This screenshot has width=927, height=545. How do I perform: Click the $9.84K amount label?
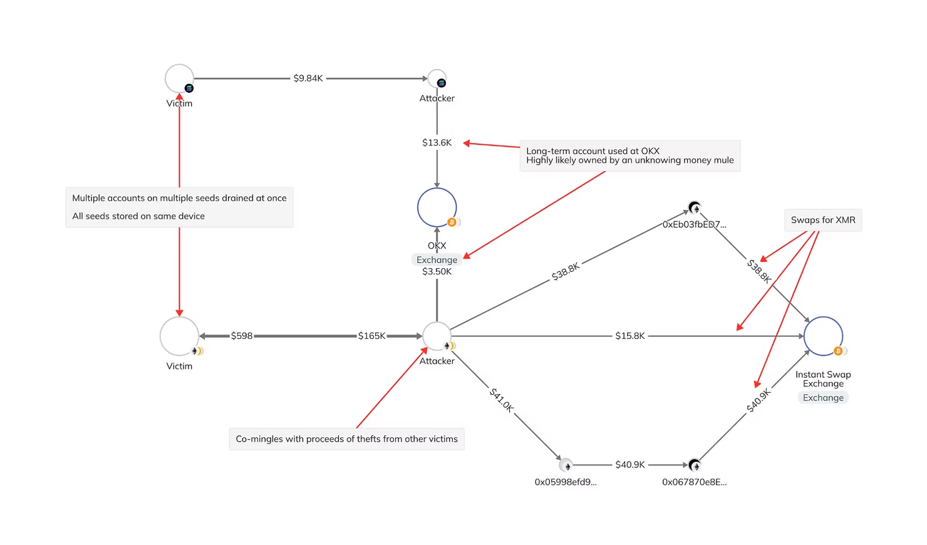[x=308, y=78]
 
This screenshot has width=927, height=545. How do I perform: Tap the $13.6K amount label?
[x=437, y=143]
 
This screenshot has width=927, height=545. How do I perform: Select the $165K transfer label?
[x=371, y=336]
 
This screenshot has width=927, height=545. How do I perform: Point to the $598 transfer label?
[x=242, y=336]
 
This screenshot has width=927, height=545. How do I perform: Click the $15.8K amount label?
[x=629, y=336]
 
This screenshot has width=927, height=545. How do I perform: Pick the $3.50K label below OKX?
[x=437, y=271]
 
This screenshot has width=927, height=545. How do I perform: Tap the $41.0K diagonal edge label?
[x=502, y=399]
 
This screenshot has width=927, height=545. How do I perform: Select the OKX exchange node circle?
[x=437, y=207]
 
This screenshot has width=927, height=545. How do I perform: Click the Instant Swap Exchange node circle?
[x=823, y=336]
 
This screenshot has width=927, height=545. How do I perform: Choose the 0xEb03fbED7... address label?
[x=694, y=224]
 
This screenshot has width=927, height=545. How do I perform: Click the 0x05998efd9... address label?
[x=566, y=482]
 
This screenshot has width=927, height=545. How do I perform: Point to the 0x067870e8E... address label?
[x=694, y=482]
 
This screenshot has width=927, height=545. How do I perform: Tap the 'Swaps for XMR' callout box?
[x=823, y=220]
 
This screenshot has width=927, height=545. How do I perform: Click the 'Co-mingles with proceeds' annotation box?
[x=346, y=439]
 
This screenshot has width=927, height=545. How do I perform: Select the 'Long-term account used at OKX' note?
[x=629, y=155]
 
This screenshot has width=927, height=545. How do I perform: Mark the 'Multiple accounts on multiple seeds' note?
[x=179, y=207]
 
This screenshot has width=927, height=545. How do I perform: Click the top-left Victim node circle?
[x=179, y=79]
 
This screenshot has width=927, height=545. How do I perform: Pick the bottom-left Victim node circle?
[x=179, y=336]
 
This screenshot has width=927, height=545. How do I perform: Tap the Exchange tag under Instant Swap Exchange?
[x=823, y=398]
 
